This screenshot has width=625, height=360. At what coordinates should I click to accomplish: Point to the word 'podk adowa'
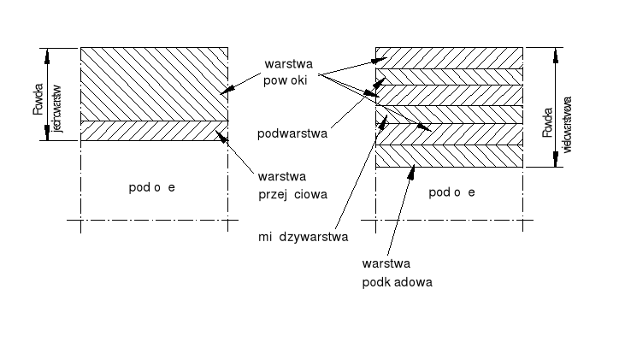[397, 281]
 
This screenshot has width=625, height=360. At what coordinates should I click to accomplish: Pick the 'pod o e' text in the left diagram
[151, 186]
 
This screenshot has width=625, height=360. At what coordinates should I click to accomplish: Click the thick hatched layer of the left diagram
[154, 84]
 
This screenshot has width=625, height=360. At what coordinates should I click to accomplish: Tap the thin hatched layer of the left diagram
[154, 130]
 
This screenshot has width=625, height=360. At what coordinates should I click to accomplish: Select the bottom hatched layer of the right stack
[449, 156]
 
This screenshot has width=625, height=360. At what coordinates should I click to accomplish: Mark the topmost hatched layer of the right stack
[449, 58]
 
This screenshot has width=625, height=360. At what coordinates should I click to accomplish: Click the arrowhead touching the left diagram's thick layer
[223, 91]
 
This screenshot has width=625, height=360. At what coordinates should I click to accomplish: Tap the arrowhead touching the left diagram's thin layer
[223, 135]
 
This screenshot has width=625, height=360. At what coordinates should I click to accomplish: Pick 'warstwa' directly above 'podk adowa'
[382, 265]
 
